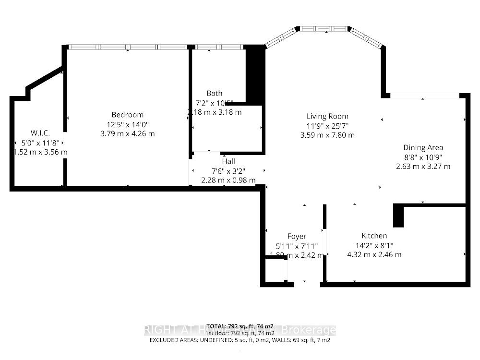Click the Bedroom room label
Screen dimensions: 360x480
[128, 115]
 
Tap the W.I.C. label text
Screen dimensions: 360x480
[40, 133]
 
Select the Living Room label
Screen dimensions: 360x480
[327, 116]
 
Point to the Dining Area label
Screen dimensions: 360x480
[423, 148]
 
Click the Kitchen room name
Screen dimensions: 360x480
[374, 236]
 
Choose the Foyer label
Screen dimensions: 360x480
[297, 236]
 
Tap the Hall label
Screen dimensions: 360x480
[228, 162]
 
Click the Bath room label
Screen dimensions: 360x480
[215, 93]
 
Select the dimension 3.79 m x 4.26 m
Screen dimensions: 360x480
[128, 133]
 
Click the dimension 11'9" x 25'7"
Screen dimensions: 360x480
[327, 126]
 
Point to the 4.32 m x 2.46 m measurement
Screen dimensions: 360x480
[374, 254]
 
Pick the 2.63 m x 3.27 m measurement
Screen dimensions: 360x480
[423, 167]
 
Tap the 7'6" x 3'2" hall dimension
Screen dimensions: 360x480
[228, 171]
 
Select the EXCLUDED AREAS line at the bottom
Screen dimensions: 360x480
[240, 340]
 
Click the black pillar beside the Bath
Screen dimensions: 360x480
[255, 74]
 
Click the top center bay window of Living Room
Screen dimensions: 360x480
[324, 29]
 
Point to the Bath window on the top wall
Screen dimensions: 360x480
[219, 47]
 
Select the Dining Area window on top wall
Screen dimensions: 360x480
[424, 96]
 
